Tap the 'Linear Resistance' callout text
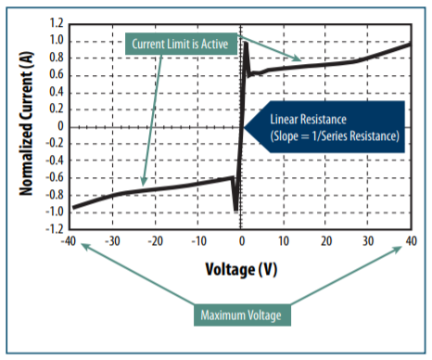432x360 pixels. tap(335, 128)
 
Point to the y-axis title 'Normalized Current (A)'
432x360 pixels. tap(28, 125)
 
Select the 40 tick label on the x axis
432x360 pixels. tap(410, 241)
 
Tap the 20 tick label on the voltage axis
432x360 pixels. tap(325, 241)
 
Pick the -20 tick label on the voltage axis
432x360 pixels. tap(155, 241)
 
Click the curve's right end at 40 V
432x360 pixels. tap(410, 45)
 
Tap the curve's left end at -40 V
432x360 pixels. tap(74, 208)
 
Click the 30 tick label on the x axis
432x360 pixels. tap(368, 241)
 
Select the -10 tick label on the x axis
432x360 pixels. tap(197, 241)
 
